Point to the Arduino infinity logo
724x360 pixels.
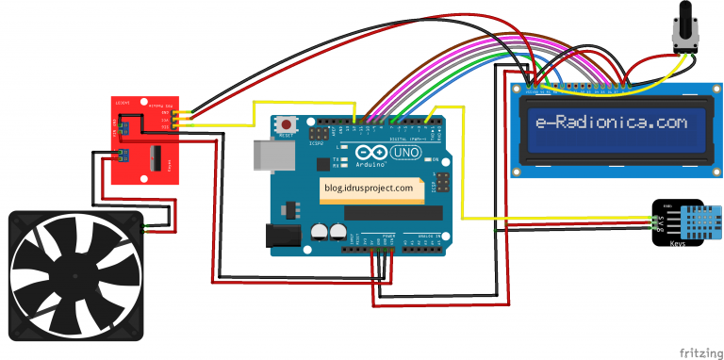click(x=370, y=155)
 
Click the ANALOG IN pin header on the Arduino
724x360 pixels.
click(x=424, y=247)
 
